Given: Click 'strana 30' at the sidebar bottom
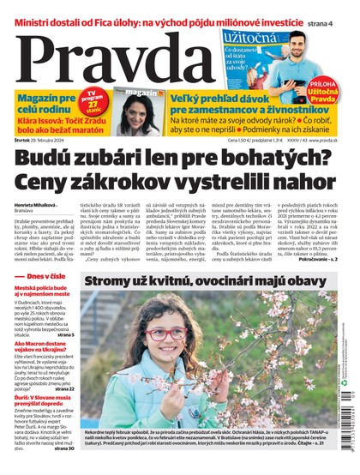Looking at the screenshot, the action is click(63, 446).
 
